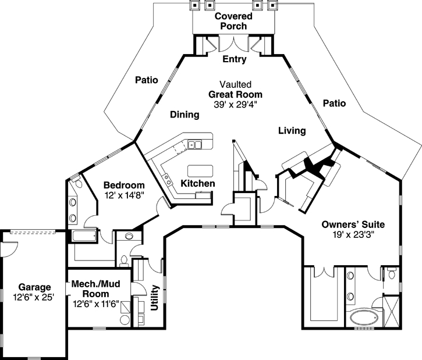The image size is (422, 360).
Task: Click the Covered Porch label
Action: tap(233, 22)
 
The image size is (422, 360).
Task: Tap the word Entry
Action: tap(235, 59)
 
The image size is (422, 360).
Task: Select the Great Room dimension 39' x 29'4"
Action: tap(236, 104)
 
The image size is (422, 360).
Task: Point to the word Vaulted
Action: tap(236, 84)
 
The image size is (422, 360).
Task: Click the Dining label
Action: tap(185, 115)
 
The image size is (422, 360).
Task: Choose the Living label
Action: tap(292, 131)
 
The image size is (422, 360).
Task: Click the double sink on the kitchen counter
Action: tap(195, 145)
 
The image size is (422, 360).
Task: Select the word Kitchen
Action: tap(198, 184)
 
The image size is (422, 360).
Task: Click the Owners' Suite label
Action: tap(353, 224)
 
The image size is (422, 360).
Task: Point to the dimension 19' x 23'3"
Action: tap(353, 234)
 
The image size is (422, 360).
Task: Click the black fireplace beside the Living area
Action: tap(317, 167)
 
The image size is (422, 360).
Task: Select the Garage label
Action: tap(34, 287)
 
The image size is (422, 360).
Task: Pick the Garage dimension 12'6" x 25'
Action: tap(34, 298)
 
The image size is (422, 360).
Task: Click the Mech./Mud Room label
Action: tap(95, 289)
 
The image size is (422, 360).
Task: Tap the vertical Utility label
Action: tap(155, 298)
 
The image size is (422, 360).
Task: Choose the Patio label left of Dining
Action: tap(147, 80)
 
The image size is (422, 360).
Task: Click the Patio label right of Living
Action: tap(335, 104)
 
